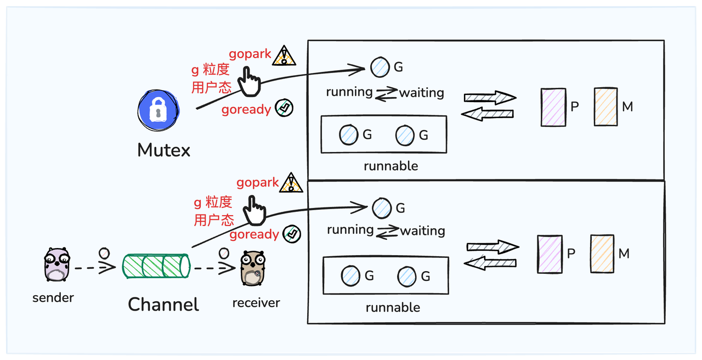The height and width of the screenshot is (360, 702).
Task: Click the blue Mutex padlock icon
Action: point(158,111)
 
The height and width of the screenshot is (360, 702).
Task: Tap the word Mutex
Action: point(163,150)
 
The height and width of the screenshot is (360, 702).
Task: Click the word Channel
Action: point(163,304)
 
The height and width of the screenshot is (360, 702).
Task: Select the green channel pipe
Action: point(156,266)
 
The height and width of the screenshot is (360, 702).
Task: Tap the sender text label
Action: point(53,298)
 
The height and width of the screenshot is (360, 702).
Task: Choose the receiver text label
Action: point(256,302)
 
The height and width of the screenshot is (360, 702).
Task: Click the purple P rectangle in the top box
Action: point(553,108)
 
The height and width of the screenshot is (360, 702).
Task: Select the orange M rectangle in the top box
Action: point(605,107)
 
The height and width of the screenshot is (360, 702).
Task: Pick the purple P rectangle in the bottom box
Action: point(550,254)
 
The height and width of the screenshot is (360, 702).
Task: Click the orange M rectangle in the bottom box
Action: point(602,254)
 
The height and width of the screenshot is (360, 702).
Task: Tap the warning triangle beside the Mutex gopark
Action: point(284,55)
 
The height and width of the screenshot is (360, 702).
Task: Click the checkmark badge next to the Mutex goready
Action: point(284,108)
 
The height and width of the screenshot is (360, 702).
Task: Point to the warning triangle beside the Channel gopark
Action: point(291,183)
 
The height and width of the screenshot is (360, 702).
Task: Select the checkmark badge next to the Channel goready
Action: point(292,234)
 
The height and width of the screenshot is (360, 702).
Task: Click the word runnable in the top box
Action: point(390,166)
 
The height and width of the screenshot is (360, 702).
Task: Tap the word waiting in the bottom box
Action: point(422,231)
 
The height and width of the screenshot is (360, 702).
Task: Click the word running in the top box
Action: point(349,92)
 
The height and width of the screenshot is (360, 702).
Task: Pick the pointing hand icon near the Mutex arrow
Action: point(251,82)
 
